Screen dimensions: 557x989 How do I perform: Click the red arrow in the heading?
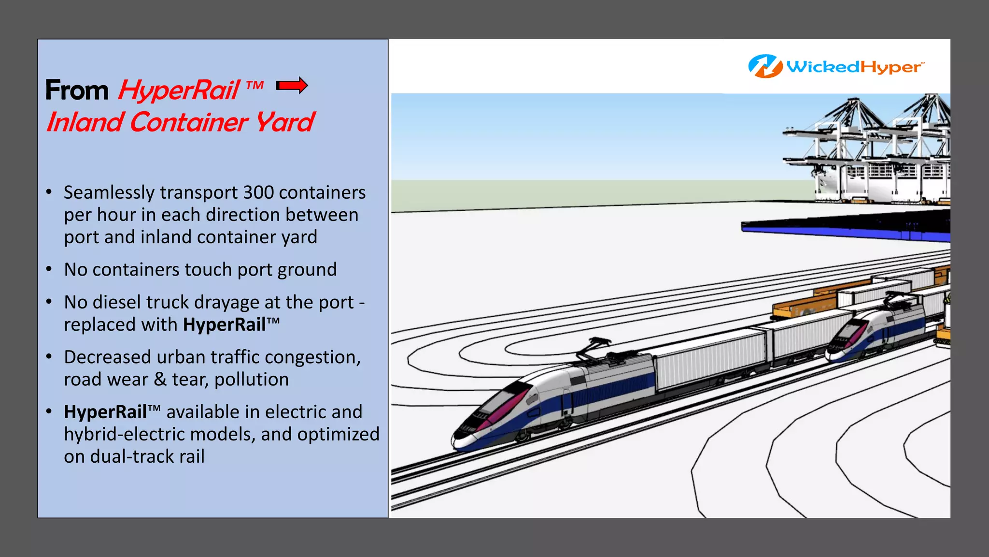[292, 86]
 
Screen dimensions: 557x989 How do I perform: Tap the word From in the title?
[77, 90]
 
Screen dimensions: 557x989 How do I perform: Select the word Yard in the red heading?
[285, 122]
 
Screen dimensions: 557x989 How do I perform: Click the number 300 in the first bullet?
[258, 192]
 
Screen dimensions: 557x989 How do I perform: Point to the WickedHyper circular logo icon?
[765, 66]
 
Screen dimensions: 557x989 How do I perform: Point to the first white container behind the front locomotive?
[710, 360]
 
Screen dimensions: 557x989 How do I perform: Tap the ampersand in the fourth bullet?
[160, 380]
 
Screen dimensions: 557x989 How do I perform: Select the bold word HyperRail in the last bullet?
[105, 412]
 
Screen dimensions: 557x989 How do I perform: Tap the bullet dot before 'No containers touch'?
[49, 269]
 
